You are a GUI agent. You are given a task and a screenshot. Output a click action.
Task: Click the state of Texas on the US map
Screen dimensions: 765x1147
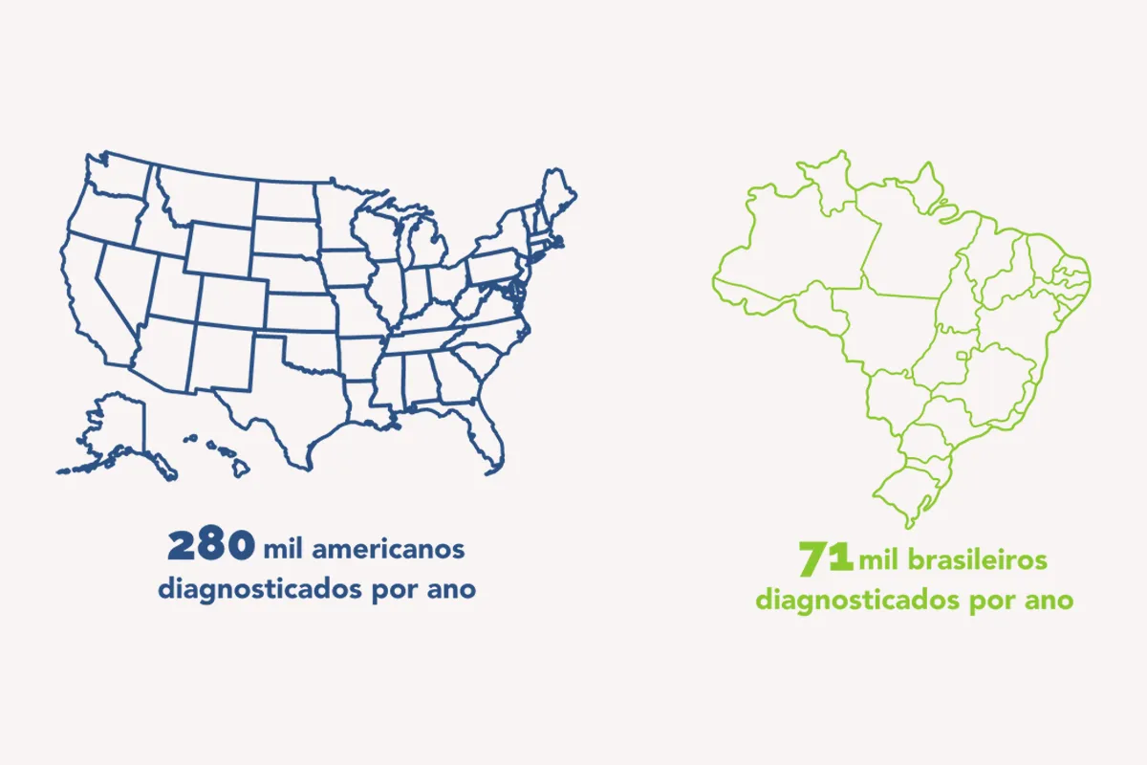click(x=287, y=402)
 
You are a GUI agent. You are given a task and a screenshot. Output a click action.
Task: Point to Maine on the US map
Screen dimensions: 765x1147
click(x=557, y=196)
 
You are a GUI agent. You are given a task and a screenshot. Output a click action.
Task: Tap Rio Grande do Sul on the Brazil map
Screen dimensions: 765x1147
click(x=908, y=488)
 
